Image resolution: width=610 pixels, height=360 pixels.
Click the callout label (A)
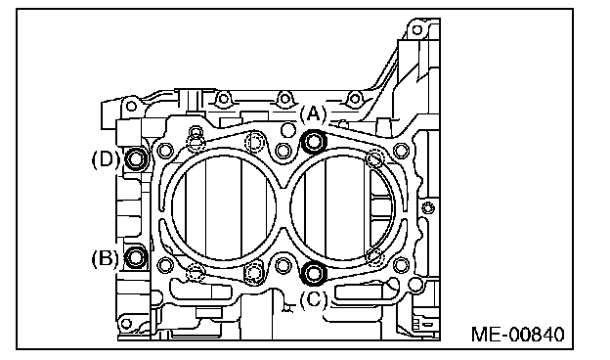(x=314, y=114)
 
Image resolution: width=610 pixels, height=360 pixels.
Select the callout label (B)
(x=105, y=258)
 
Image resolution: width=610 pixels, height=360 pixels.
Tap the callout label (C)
(x=314, y=299)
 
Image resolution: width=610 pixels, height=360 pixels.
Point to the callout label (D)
(x=105, y=159)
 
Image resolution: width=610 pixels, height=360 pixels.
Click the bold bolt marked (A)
(x=314, y=142)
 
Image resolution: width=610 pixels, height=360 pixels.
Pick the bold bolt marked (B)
(x=136, y=257)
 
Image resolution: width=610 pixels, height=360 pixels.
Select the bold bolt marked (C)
(x=314, y=273)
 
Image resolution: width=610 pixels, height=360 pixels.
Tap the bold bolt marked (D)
(x=136, y=158)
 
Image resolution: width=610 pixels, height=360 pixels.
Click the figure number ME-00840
(x=517, y=335)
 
